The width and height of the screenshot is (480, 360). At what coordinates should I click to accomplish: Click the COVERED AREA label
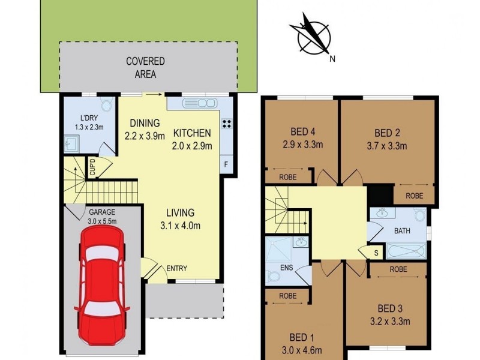(145, 68)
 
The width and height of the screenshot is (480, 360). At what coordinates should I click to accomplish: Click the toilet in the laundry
(107, 106)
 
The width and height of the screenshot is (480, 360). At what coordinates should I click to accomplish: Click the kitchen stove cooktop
(227, 125)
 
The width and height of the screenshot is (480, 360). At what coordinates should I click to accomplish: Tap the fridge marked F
(226, 163)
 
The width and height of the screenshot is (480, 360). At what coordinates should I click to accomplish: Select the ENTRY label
(176, 268)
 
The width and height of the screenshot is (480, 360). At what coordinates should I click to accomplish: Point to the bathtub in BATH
(407, 251)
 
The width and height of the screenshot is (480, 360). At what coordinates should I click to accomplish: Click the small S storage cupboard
(376, 253)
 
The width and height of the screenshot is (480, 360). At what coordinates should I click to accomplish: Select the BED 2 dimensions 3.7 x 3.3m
(386, 145)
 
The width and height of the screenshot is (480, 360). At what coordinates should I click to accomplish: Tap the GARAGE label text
(103, 212)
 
